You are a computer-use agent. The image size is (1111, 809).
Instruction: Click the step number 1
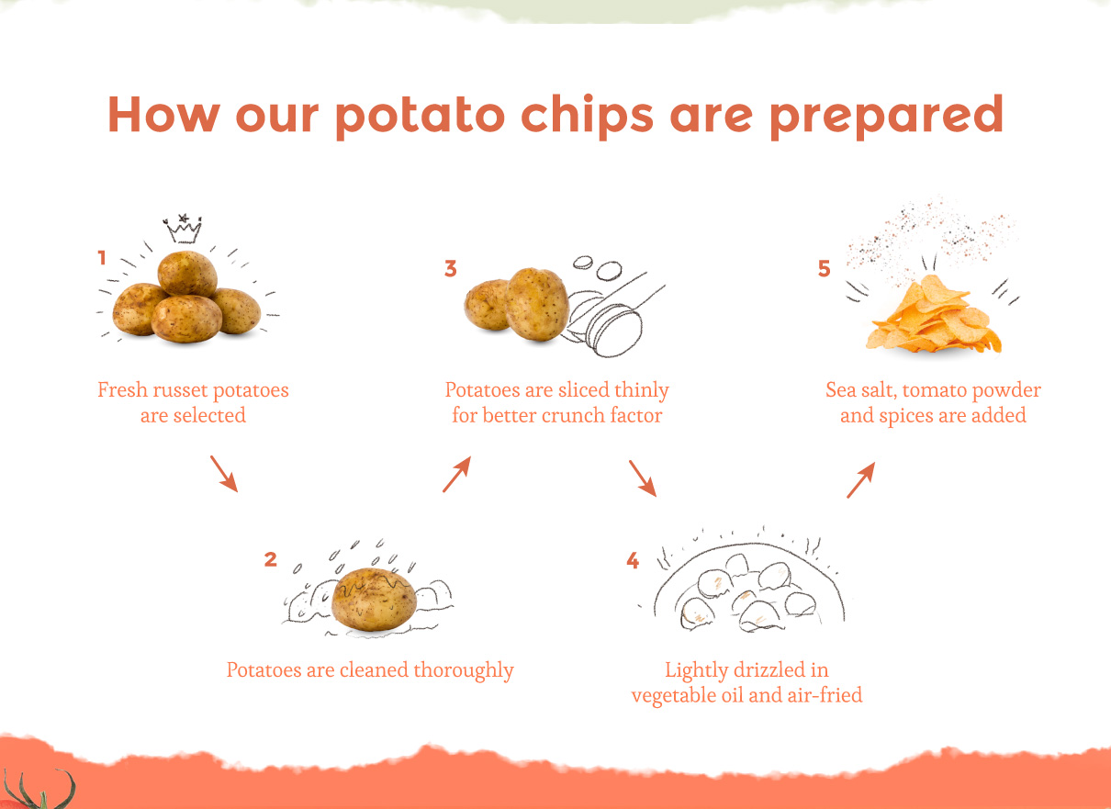(102, 257)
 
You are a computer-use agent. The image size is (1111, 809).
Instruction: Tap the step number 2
(270, 559)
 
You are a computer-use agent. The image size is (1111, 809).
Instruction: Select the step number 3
(450, 268)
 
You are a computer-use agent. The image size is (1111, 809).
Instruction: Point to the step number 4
(633, 560)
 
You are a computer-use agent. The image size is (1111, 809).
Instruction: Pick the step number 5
(824, 268)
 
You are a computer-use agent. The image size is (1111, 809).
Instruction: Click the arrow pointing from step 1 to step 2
(224, 474)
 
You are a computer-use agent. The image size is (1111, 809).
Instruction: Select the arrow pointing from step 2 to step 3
(457, 474)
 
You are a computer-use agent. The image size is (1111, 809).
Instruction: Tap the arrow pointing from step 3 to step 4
(643, 478)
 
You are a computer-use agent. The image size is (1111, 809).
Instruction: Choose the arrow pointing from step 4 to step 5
(861, 479)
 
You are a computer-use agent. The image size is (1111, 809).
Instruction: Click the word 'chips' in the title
(587, 115)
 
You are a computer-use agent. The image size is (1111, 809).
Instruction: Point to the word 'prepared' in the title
(887, 115)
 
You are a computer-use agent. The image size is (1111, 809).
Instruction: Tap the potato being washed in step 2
(374, 600)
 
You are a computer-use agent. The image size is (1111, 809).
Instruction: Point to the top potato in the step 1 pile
(187, 274)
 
